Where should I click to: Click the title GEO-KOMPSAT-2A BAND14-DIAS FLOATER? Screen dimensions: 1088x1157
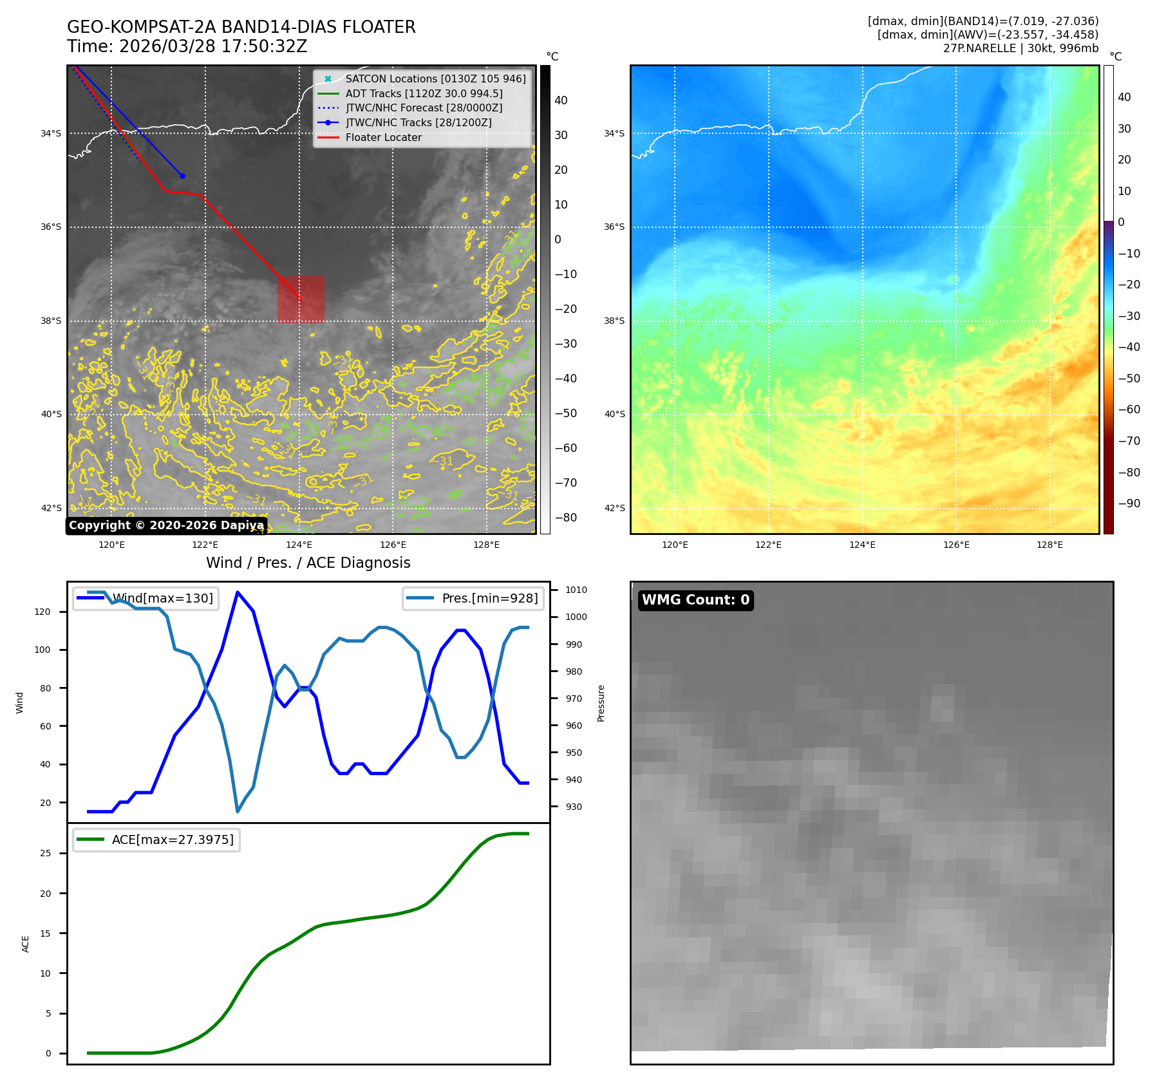(241, 27)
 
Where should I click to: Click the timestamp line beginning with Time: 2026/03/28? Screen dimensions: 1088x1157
(187, 47)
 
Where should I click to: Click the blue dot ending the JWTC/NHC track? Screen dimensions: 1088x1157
(182, 176)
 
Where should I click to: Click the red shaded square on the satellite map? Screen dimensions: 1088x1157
(301, 299)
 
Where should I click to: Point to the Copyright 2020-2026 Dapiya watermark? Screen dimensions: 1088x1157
(166, 525)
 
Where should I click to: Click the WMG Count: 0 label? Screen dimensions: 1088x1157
(695, 600)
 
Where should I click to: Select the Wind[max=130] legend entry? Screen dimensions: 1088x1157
(162, 598)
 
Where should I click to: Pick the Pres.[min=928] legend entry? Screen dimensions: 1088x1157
(489, 598)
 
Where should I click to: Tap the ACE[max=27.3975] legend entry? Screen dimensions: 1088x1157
(173, 839)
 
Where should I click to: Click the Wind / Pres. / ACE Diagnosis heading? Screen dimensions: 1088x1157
(308, 563)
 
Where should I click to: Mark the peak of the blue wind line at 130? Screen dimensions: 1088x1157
(238, 592)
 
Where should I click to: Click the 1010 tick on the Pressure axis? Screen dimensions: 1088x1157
(576, 590)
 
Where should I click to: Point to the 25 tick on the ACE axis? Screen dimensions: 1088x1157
(45, 853)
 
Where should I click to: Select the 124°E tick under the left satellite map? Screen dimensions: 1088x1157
(299, 545)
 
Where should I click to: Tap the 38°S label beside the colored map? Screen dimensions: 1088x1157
(614, 321)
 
